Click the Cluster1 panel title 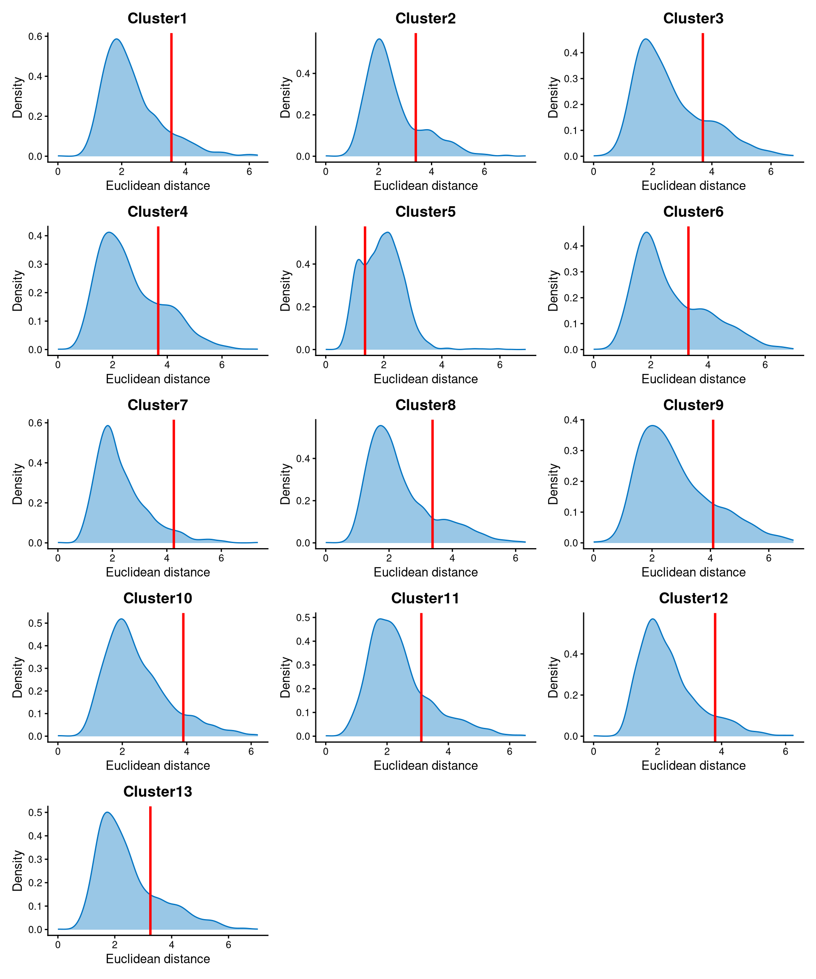pyautogui.click(x=157, y=18)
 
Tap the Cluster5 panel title pyautogui.click(x=425, y=212)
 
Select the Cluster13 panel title pyautogui.click(x=157, y=792)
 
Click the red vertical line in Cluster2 pyautogui.click(x=416, y=93)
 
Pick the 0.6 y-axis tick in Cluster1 pyautogui.click(x=35, y=37)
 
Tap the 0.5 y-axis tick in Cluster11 pyautogui.click(x=303, y=618)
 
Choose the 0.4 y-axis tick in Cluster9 pyautogui.click(x=571, y=420)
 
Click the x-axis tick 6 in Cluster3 pyautogui.click(x=771, y=172)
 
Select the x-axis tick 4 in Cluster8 pyautogui.click(x=452, y=558)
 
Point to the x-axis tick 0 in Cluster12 pyautogui.click(x=594, y=752)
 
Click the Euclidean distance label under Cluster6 pyautogui.click(x=693, y=379)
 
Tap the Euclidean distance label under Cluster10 pyautogui.click(x=158, y=766)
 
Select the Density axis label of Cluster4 pyautogui.click(x=17, y=291)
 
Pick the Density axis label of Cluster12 pyautogui.click(x=553, y=677)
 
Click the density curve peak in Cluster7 pyautogui.click(x=108, y=426)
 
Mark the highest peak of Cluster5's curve pyautogui.click(x=388, y=232)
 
